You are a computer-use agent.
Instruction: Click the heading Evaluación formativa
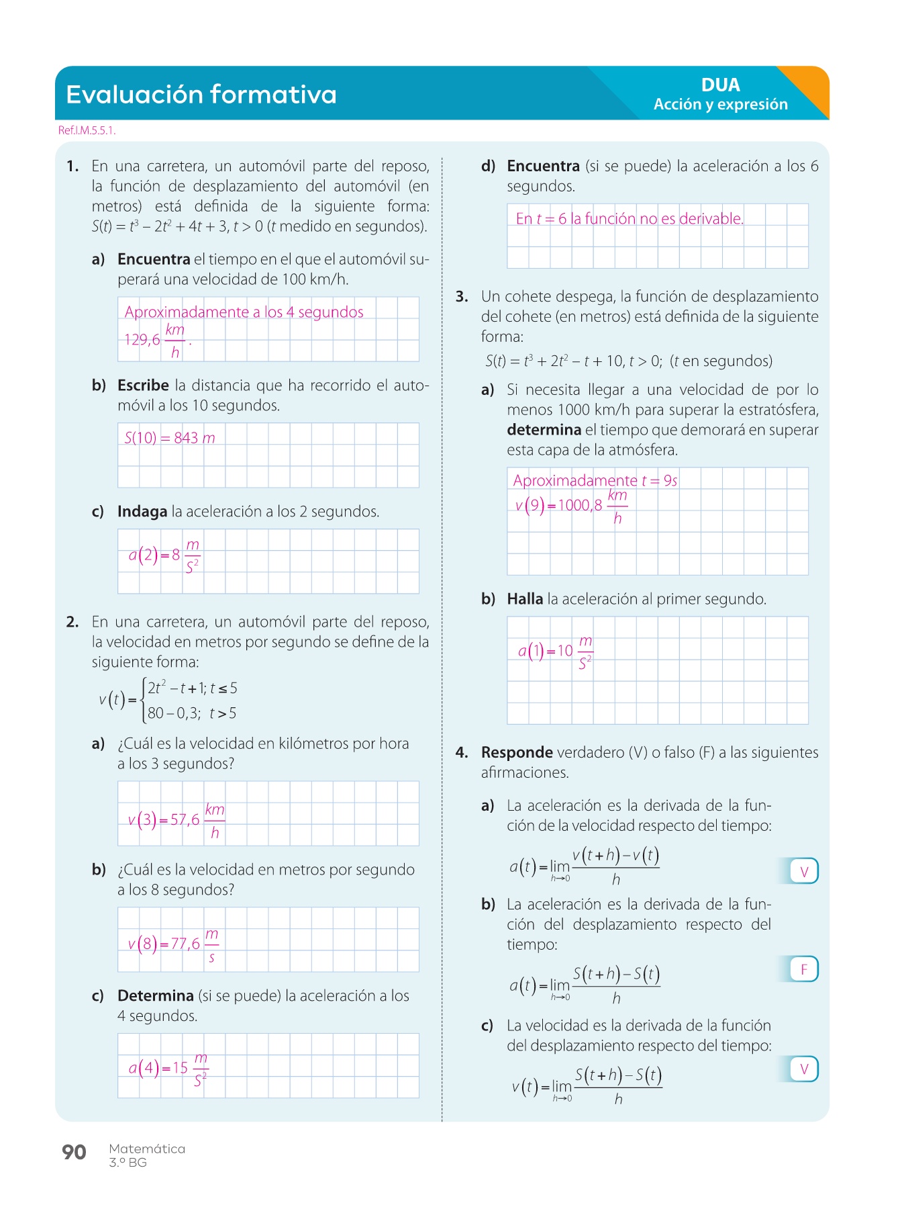pyautogui.click(x=201, y=95)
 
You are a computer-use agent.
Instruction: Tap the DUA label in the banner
pyautogui.click(x=720, y=85)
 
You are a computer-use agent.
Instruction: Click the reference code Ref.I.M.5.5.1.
pyautogui.click(x=87, y=130)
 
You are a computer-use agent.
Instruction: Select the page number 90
pyautogui.click(x=74, y=1153)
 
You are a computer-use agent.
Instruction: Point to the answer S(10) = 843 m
pyautogui.click(x=170, y=438)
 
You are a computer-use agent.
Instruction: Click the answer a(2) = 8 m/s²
pyautogui.click(x=164, y=555)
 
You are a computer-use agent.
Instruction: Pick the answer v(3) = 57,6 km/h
pyautogui.click(x=176, y=819)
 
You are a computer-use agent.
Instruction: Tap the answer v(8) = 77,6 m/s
pyautogui.click(x=173, y=944)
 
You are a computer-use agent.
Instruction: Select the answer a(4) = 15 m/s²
pyautogui.click(x=168, y=1068)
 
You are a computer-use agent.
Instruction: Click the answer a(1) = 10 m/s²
pyautogui.click(x=555, y=651)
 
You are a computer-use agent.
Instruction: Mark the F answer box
pyautogui.click(x=803, y=969)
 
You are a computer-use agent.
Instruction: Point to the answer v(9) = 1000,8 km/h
pyautogui.click(x=570, y=505)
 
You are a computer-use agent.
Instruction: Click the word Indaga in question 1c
pyautogui.click(x=142, y=512)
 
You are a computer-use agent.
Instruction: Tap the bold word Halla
pyautogui.click(x=525, y=599)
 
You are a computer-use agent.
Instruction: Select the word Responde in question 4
pyautogui.click(x=517, y=752)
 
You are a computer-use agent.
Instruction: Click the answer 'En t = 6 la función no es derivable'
pyautogui.click(x=630, y=218)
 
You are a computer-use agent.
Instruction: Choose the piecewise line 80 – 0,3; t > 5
pyautogui.click(x=192, y=713)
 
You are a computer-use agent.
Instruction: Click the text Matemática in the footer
pyautogui.click(x=147, y=1149)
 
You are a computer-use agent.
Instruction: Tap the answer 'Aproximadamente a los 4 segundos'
pyautogui.click(x=244, y=312)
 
